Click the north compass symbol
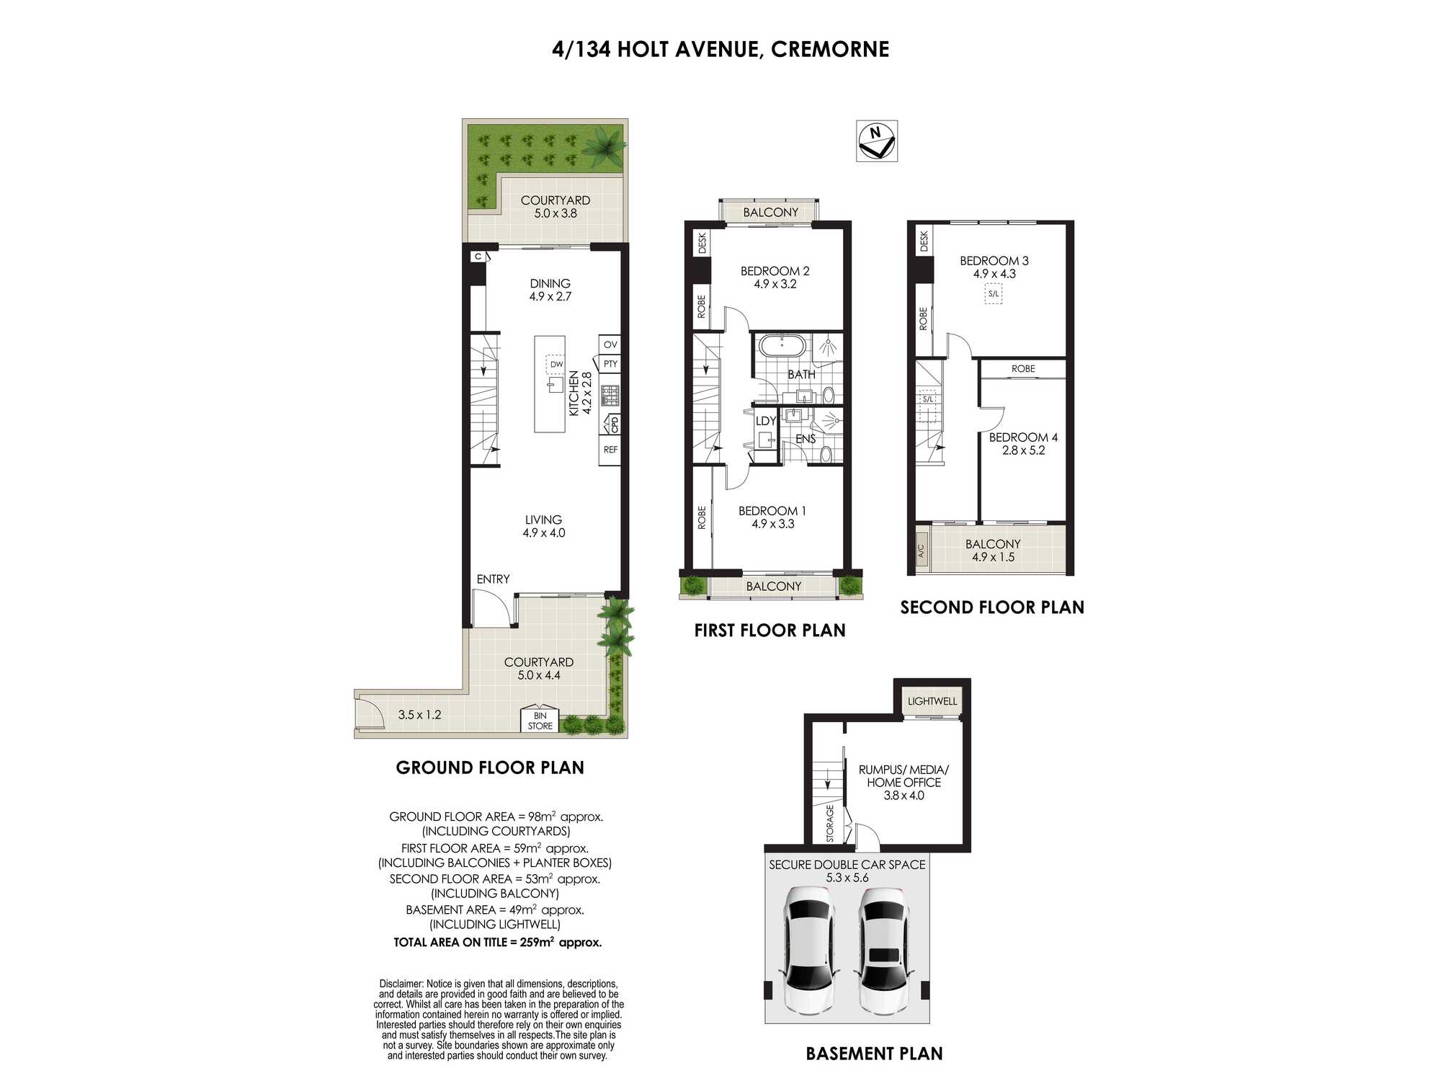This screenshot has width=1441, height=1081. point(877,141)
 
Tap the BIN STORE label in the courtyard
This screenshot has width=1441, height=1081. point(540,721)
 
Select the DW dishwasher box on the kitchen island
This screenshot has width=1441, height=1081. point(556,365)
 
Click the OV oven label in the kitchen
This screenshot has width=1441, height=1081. point(610,344)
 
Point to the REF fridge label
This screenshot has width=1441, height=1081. point(610,450)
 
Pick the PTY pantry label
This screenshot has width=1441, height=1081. point(610,364)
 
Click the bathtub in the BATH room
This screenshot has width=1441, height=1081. point(782,345)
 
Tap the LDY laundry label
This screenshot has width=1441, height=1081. point(765,421)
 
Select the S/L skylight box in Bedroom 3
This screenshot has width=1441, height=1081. point(994,294)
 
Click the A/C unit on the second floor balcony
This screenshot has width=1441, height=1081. point(921,551)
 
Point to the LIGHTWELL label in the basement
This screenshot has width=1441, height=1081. point(932,701)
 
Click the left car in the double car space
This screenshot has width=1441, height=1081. point(810,949)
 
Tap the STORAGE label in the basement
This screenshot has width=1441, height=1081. point(830,824)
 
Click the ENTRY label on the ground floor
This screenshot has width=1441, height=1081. point(493,579)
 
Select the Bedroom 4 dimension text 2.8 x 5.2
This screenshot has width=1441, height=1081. point(1023,450)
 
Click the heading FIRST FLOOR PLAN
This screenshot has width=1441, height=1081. point(769,631)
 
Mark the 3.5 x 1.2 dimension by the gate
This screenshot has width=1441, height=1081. point(419,715)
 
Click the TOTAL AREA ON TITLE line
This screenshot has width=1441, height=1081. point(497,942)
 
